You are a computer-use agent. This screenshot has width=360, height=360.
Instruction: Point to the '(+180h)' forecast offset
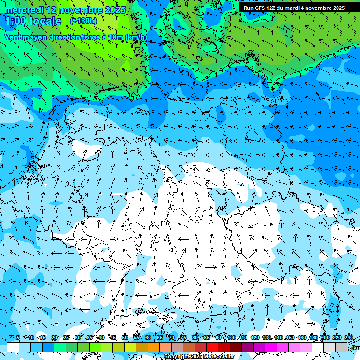pyautogui.click(x=83, y=21)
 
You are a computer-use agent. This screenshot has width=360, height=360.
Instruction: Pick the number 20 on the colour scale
pyautogui.click(x=54, y=338)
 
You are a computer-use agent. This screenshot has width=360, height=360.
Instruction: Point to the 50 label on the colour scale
pyautogui.click(x=125, y=338)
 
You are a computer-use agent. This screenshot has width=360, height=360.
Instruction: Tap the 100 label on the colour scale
pyautogui.click(x=231, y=338)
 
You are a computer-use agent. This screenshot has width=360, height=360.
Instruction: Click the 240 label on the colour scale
pyautogui.click(x=349, y=338)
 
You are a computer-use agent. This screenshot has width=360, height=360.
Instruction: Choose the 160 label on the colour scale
pyautogui.click(x=302, y=338)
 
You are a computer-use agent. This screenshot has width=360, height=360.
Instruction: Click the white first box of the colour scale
pyautogui.click(x=13, y=347)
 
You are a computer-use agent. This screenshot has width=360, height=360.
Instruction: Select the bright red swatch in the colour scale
pyautogui.click(x=212, y=347)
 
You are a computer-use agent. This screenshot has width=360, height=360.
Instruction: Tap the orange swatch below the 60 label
pyautogui.click(x=154, y=347)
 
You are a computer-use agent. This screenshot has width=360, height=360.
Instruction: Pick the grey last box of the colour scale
pyautogui.click(x=341, y=347)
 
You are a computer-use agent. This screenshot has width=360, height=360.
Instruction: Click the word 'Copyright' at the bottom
pyautogui.click(x=176, y=357)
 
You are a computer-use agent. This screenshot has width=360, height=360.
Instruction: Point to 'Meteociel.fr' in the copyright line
pyautogui.click(x=222, y=357)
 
